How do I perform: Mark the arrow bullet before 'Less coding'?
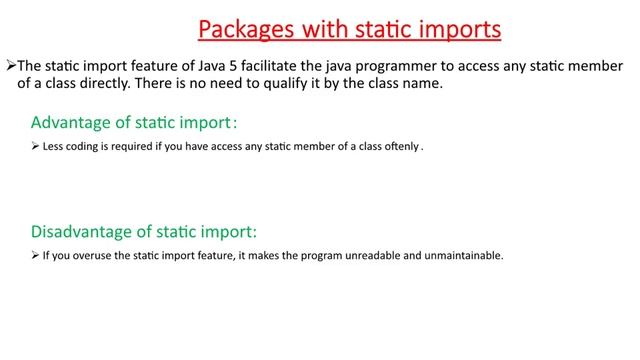tap(35, 146)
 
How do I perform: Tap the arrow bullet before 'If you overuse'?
tap(35, 255)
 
